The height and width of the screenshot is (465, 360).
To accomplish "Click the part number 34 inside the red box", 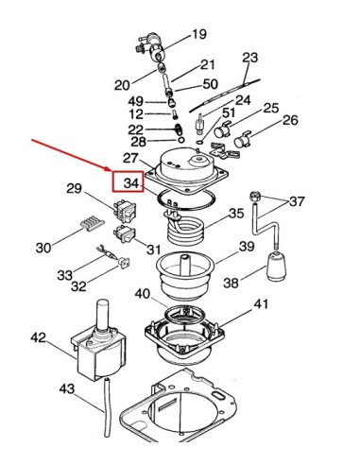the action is pyautogui.click(x=131, y=182).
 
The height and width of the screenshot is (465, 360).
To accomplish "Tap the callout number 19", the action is pyautogui.click(x=199, y=34).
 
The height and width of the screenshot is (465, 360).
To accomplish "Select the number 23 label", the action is pyautogui.click(x=250, y=58).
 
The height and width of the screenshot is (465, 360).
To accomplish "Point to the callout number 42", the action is pyautogui.click(x=38, y=337).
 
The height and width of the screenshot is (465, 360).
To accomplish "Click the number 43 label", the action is pyautogui.click(x=67, y=389).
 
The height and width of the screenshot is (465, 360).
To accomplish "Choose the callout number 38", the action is pyautogui.click(x=231, y=283).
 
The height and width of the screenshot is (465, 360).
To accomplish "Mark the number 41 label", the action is pyautogui.click(x=261, y=304).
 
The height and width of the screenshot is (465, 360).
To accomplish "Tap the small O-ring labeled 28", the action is pyautogui.click(x=181, y=140).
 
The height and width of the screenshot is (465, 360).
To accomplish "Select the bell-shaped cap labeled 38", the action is pyautogui.click(x=276, y=266).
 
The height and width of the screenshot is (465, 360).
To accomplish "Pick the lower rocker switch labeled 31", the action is pyautogui.click(x=125, y=234).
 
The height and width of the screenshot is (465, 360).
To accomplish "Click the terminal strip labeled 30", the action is pyautogui.click(x=93, y=225).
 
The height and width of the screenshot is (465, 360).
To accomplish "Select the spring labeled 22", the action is pyautogui.click(x=179, y=129).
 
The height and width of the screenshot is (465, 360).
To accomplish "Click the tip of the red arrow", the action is pyautogui.click(x=111, y=171).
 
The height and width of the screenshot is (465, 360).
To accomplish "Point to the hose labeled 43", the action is pyautogui.click(x=108, y=407).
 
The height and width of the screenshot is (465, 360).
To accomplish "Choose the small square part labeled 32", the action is pyautogui.click(x=125, y=262).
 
